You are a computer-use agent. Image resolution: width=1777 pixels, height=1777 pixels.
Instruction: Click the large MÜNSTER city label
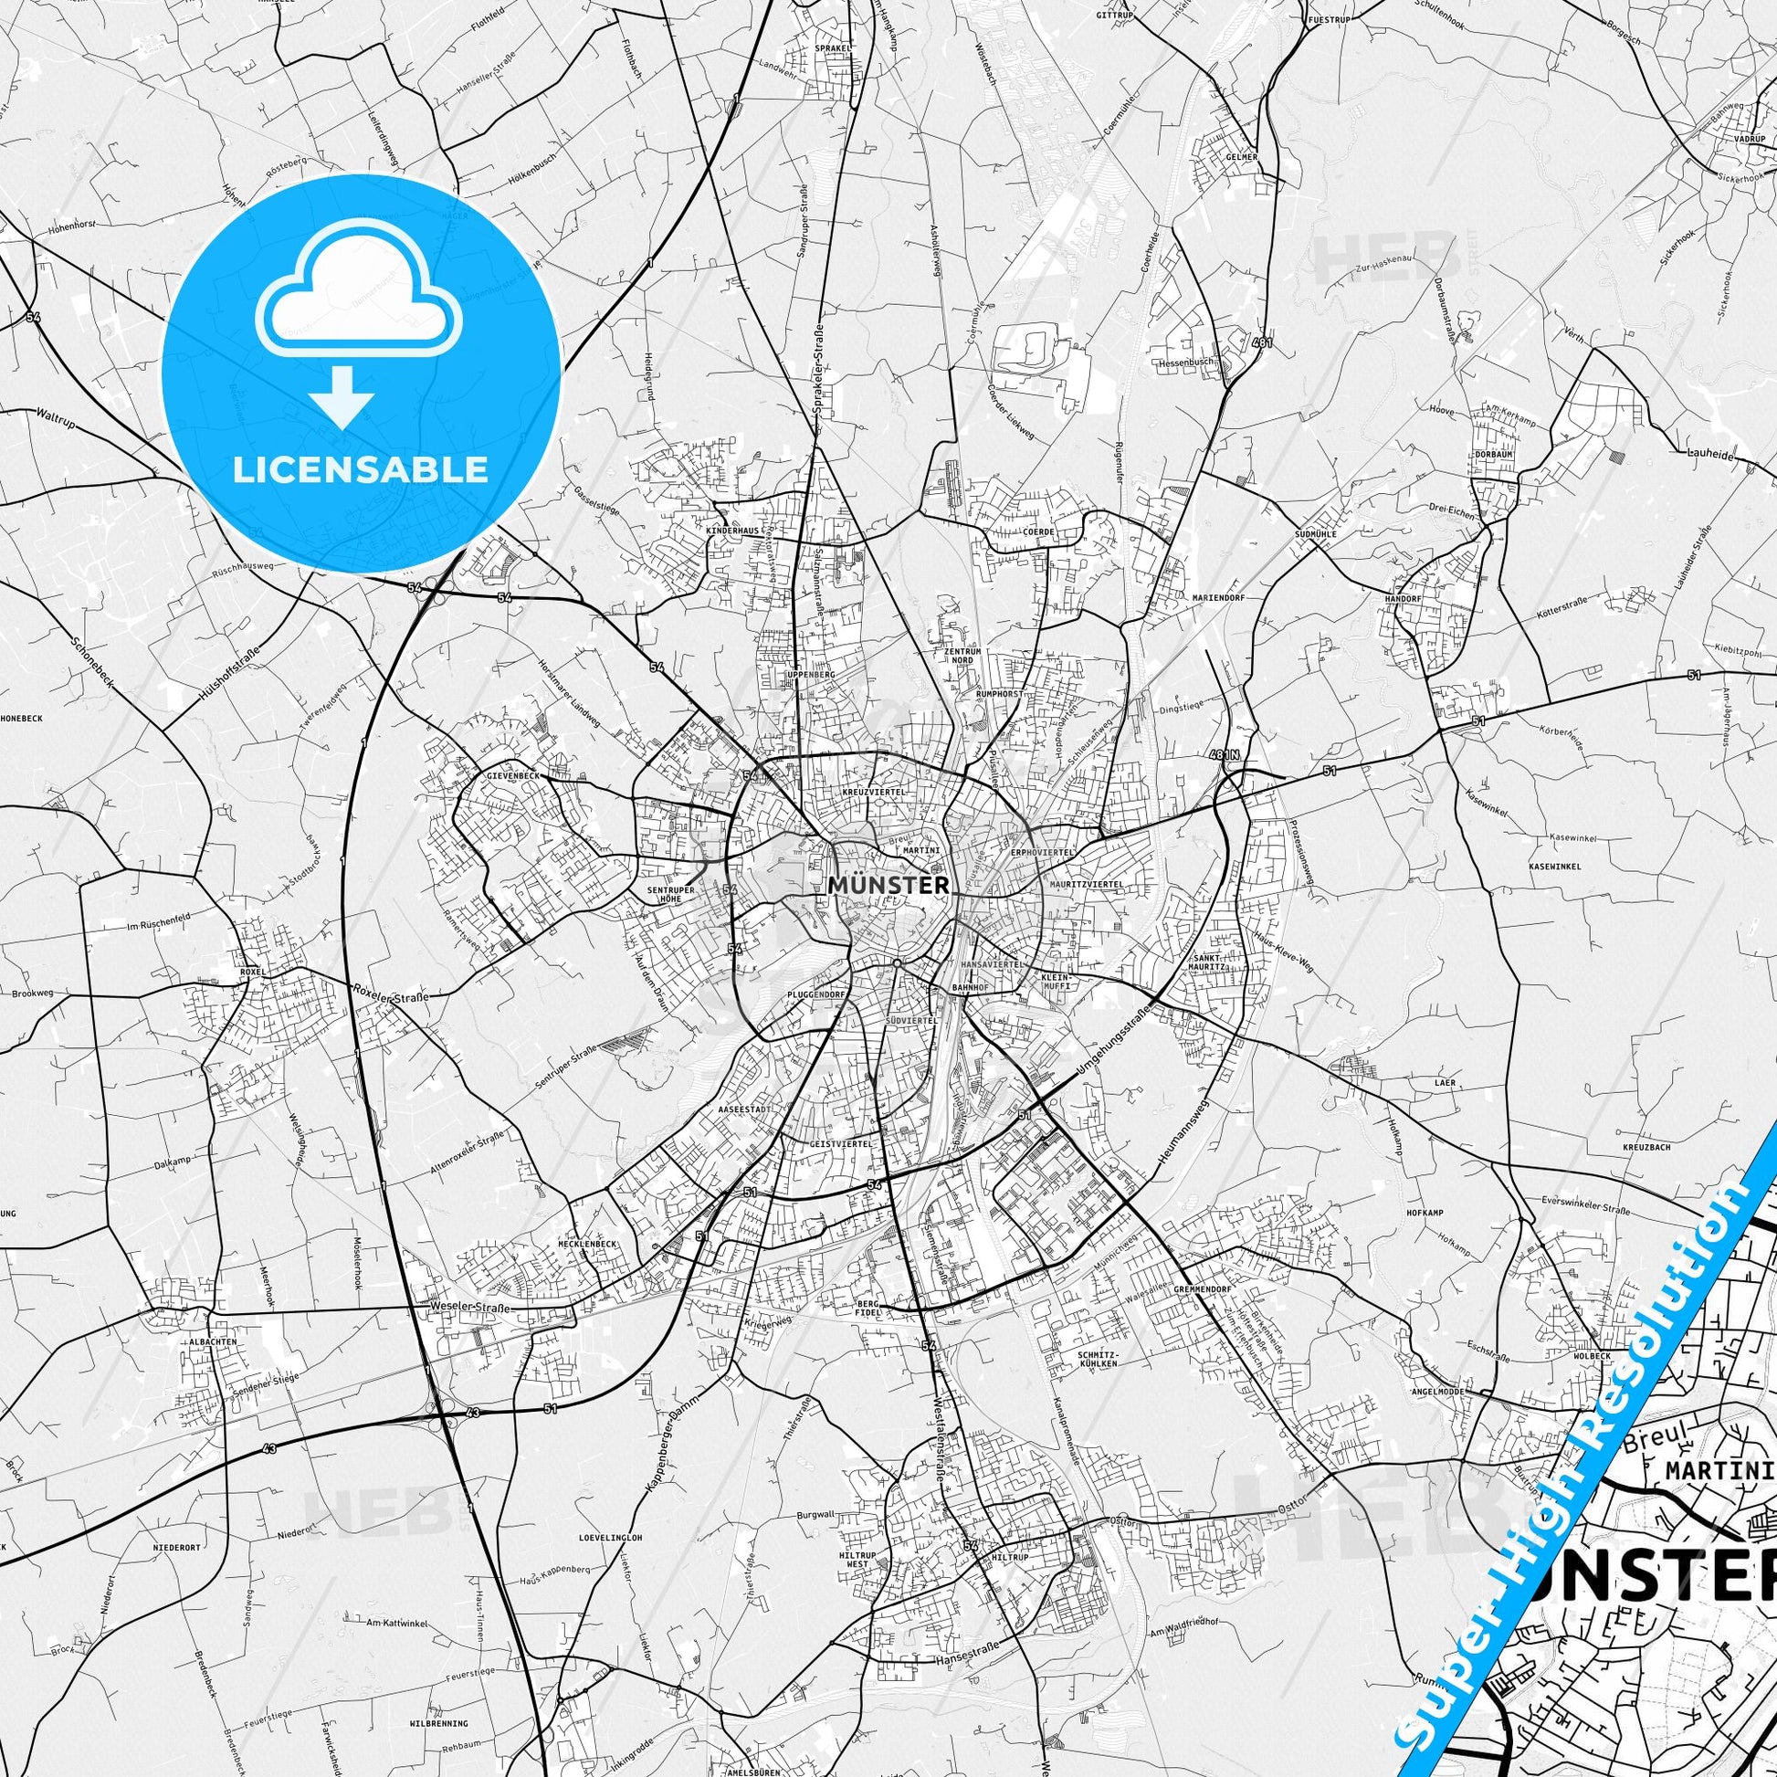pos(888,885)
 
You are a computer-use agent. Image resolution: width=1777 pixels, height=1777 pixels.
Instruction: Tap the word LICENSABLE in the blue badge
pos(360,469)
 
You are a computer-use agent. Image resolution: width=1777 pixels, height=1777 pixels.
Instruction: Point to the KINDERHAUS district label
pos(731,532)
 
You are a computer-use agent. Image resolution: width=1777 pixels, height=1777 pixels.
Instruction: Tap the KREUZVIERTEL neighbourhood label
pos(874,792)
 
